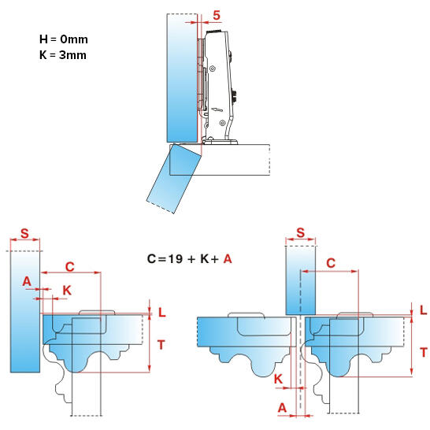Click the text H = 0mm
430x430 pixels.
coord(62,39)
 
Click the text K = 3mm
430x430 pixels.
coord(62,55)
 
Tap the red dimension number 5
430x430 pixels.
coord(216,15)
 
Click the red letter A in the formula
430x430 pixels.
coord(228,258)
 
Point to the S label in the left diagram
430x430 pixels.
coord(24,233)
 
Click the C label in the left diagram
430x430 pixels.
coord(69,265)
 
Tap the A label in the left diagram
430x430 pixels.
coord(27,281)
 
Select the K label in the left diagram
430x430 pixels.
coord(66,291)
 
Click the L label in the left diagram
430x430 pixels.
coord(161,312)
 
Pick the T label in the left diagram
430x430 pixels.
coord(161,343)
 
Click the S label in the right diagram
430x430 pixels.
coord(300,233)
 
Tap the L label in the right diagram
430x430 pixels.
coord(423,310)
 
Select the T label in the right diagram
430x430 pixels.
coord(423,352)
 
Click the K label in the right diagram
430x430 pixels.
coord(279,380)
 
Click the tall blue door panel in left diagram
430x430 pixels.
coord(24,315)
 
